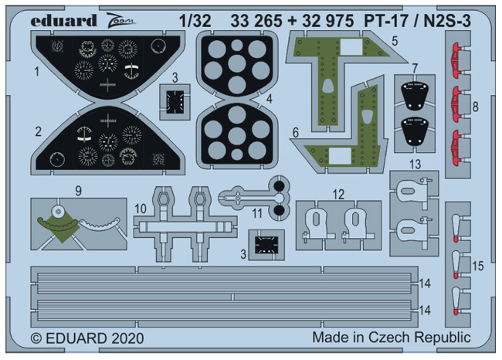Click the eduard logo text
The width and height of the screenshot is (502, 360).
click(x=63, y=21)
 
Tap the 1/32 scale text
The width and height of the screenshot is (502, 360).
click(x=195, y=21)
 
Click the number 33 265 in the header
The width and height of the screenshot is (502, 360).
click(x=256, y=22)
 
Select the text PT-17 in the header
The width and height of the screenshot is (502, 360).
click(x=386, y=22)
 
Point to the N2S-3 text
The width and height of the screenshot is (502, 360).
click(x=447, y=22)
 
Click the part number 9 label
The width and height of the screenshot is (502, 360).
click(x=78, y=191)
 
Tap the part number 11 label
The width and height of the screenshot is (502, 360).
click(x=257, y=213)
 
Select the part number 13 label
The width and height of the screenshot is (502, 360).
click(x=415, y=165)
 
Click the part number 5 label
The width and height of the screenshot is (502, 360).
click(x=395, y=41)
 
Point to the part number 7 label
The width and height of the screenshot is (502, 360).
click(x=415, y=68)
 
